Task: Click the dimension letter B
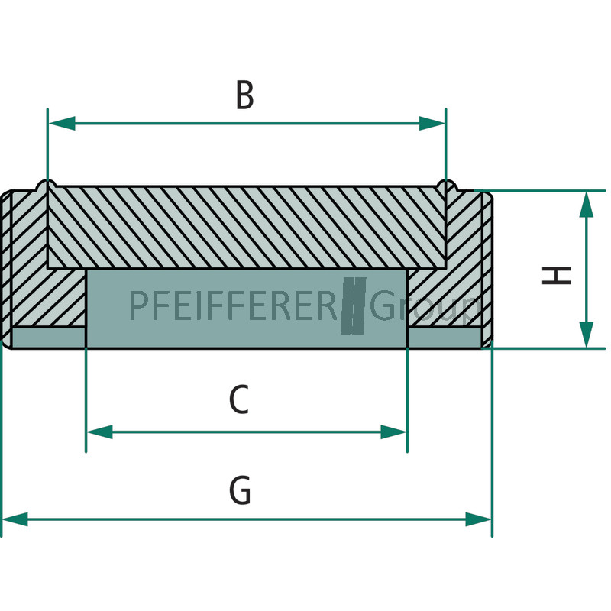[x=244, y=95]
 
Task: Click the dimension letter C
[x=239, y=399]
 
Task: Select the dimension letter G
[x=240, y=490]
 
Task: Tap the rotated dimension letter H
[x=557, y=275]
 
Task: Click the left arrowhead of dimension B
[x=61, y=123]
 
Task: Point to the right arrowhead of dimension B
[x=432, y=123]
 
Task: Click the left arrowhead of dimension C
[x=99, y=432]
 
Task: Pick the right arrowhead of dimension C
[x=394, y=432]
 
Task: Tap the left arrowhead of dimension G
[x=15, y=519]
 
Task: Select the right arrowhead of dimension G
[x=479, y=519]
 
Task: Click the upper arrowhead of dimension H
[x=587, y=205]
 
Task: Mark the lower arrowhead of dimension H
[x=587, y=335]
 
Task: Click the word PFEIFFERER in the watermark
[x=234, y=305]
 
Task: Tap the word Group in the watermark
[x=425, y=308]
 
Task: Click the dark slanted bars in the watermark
[x=354, y=306]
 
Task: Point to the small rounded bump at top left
[x=47, y=185]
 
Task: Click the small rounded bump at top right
[x=447, y=185]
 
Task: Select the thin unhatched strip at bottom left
[x=49, y=338]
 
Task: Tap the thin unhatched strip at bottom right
[x=445, y=338]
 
